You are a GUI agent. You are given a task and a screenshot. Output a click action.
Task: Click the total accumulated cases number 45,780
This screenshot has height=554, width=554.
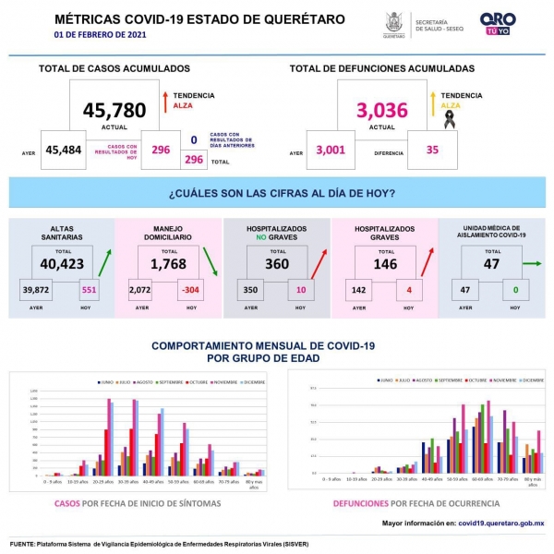114,111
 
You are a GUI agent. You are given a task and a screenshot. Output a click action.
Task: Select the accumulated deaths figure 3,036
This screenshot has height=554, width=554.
381,111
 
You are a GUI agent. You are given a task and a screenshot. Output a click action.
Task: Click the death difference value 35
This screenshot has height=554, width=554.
433,151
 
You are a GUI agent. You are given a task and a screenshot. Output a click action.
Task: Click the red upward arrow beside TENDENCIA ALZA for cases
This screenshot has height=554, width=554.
163,101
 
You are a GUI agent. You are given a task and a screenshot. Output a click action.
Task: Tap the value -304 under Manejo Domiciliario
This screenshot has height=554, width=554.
190,290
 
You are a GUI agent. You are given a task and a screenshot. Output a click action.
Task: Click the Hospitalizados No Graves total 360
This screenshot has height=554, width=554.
277,264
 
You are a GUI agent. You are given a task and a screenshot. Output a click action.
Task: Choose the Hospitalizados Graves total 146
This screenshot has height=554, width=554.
383,264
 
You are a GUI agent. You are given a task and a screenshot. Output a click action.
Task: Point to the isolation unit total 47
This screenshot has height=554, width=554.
491,264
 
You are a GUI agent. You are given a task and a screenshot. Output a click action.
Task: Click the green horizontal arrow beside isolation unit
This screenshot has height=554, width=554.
531,264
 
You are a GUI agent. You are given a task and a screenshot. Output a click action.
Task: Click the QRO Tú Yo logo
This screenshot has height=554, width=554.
499,23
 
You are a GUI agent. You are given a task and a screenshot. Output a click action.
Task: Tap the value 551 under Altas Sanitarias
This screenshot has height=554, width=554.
90,290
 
